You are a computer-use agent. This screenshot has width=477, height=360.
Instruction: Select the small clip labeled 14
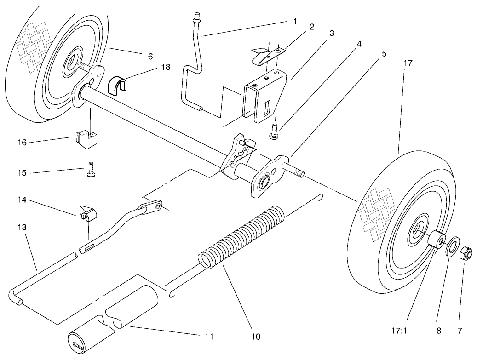pyautogui.click(x=87, y=211)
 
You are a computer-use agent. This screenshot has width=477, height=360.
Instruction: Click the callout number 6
pyautogui.click(x=150, y=56)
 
